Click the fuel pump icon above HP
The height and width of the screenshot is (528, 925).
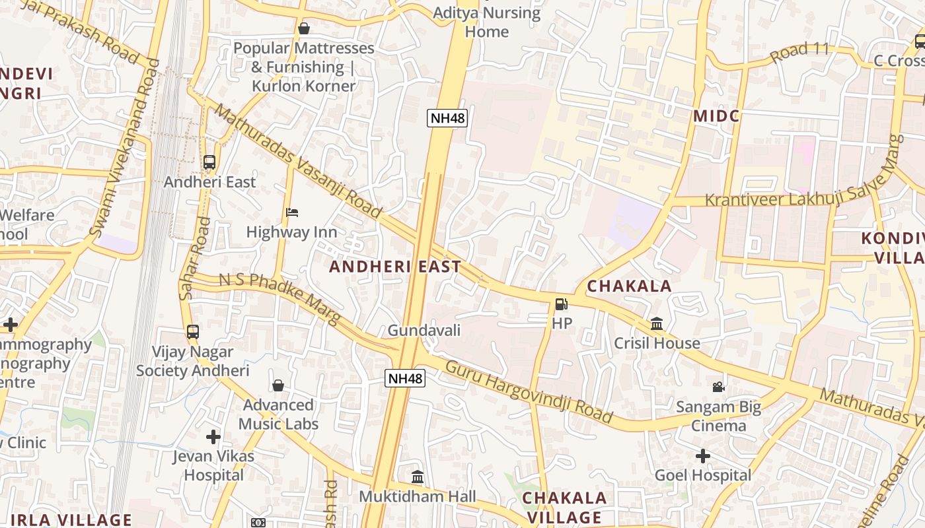[561, 304]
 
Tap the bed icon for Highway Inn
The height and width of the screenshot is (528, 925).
[292, 213]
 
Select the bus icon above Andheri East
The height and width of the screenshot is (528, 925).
[209, 162]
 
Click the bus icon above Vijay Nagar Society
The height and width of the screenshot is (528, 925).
[193, 332]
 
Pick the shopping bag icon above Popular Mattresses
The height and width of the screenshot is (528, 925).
[304, 28]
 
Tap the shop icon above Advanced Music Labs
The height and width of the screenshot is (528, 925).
[278, 385]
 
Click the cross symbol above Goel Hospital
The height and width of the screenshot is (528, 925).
[703, 455]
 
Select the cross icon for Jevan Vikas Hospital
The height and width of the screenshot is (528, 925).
[213, 436]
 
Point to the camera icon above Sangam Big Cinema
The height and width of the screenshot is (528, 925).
[718, 387]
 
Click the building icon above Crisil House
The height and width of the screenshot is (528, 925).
[657, 323]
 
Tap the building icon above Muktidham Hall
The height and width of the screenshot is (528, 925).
[418, 477]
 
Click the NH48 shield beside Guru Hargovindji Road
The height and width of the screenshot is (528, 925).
[405, 378]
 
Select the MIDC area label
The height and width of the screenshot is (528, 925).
[716, 116]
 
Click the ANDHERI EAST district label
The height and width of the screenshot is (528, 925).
[395, 267]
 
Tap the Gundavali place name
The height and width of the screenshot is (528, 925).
[424, 330]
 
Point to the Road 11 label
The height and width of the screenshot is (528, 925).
[799, 52]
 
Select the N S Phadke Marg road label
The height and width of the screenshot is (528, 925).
[279, 298]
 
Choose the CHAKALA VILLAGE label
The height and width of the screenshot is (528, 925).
[564, 507]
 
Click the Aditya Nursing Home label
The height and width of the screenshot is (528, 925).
[487, 22]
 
